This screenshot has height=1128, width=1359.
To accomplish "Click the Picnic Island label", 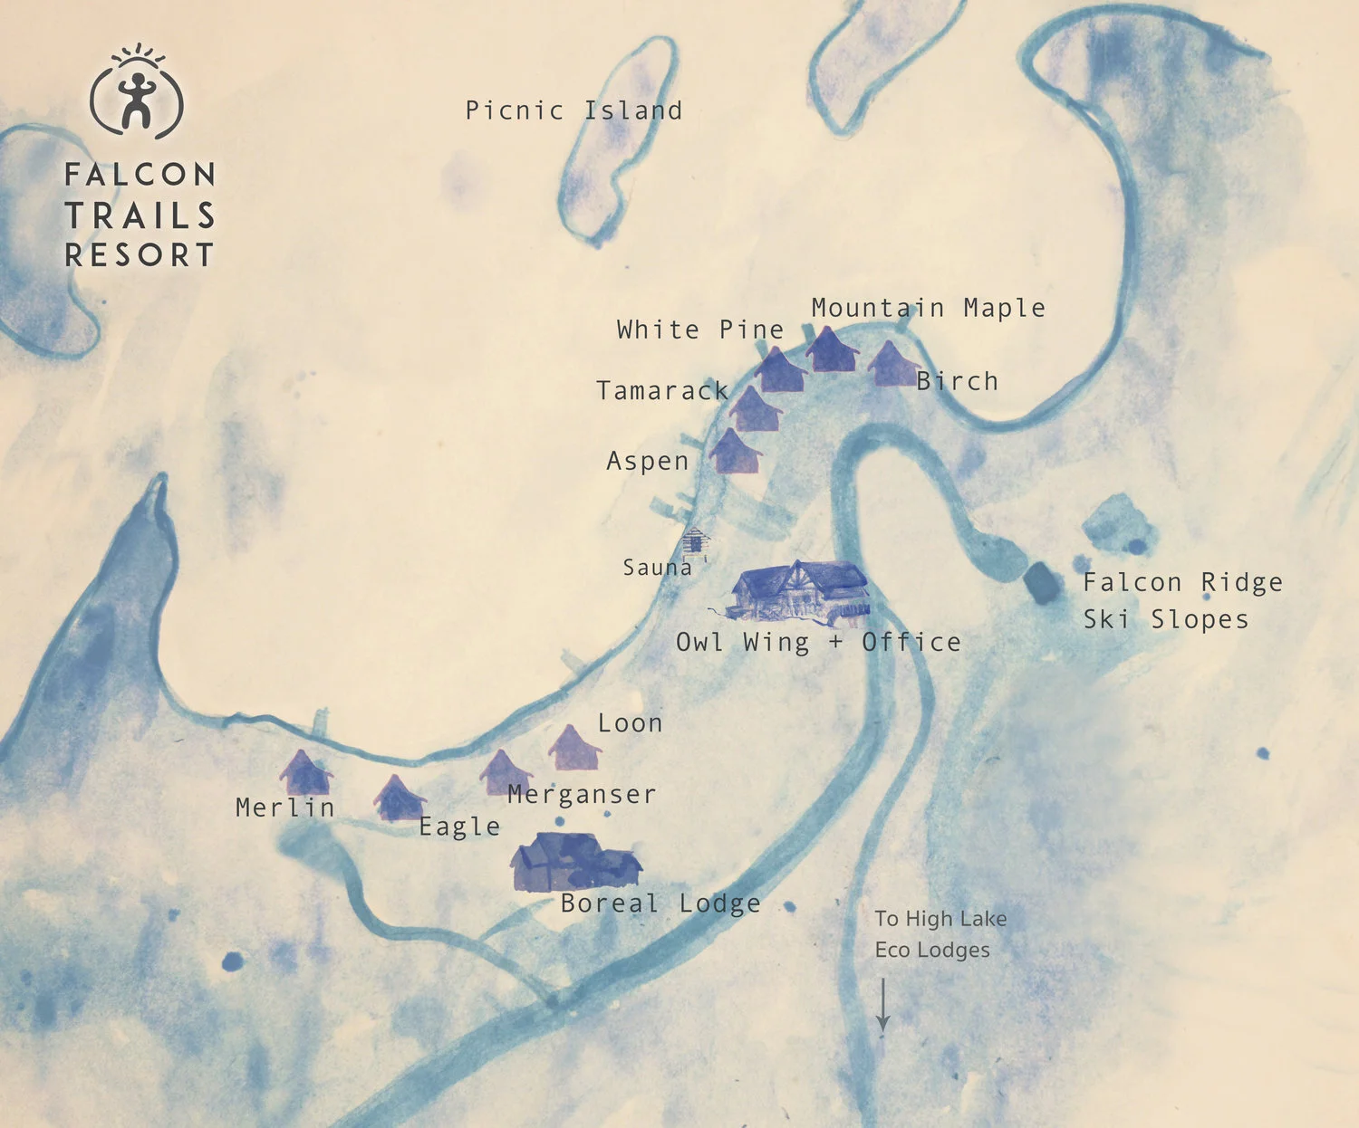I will click(573, 110).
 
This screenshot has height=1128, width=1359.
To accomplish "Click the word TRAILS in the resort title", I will click(140, 215).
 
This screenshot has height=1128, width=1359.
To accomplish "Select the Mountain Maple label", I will click(928, 308).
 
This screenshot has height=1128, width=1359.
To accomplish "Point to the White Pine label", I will click(699, 330).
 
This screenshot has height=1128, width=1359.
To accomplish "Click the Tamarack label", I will click(662, 390).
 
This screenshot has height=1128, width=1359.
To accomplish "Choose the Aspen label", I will click(647, 461).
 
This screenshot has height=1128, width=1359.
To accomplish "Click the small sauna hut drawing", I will click(694, 540).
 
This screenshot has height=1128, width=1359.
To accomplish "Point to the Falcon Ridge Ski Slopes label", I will click(1181, 600).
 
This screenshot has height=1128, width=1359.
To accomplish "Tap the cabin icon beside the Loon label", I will click(573, 749).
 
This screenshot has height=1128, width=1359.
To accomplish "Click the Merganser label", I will click(581, 794).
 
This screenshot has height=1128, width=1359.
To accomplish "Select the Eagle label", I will click(459, 827).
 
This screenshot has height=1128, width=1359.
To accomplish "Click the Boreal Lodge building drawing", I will click(574, 862).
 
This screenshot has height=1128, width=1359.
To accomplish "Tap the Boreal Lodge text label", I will click(660, 903).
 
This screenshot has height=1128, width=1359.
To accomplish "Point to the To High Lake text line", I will click(940, 918).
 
